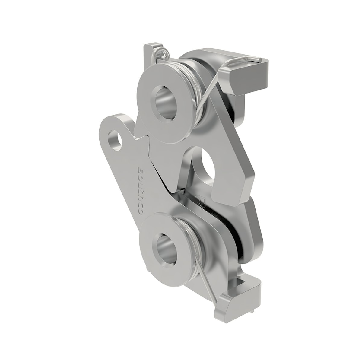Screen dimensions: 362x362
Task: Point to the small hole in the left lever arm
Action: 116,140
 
